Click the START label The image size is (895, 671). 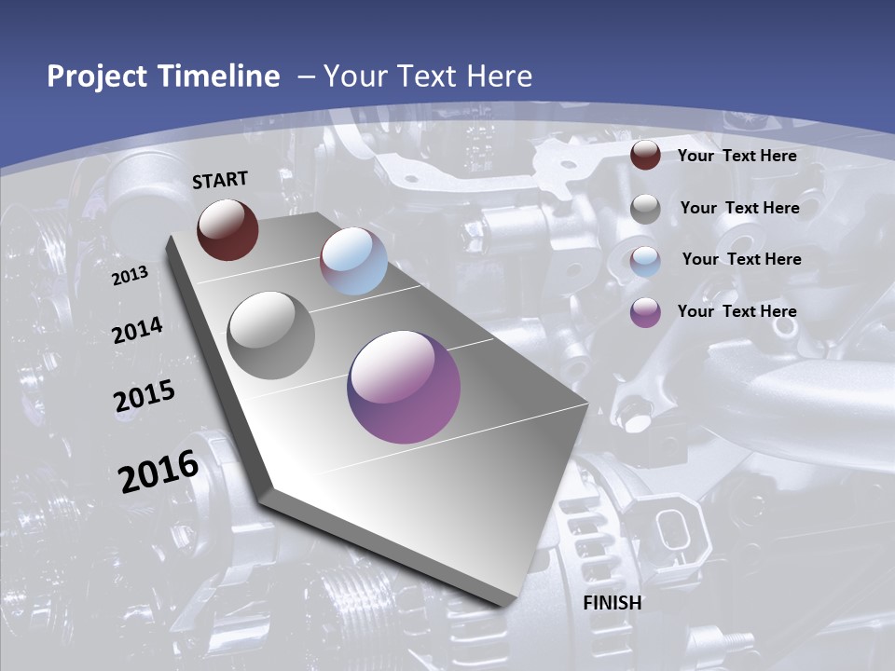tap(220, 180)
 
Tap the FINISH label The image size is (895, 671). tap(612, 603)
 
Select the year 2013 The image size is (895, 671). tap(130, 276)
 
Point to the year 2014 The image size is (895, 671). tap(137, 331)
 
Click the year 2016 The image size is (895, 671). tap(158, 472)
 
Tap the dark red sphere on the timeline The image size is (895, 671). tap(227, 229)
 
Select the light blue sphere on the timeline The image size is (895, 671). tap(353, 261)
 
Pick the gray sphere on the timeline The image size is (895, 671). tap(270, 335)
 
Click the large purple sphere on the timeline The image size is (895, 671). tap(404, 386)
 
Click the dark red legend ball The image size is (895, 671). tap(645, 156)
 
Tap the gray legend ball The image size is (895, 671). tap(645, 209)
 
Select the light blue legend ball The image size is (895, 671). tap(645, 261)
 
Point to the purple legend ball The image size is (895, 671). tap(645, 312)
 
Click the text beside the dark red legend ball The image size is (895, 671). tap(737, 156)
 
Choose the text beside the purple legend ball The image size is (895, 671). tap(737, 311)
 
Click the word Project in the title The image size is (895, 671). tap(99, 76)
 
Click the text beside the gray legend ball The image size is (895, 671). tap(739, 208)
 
